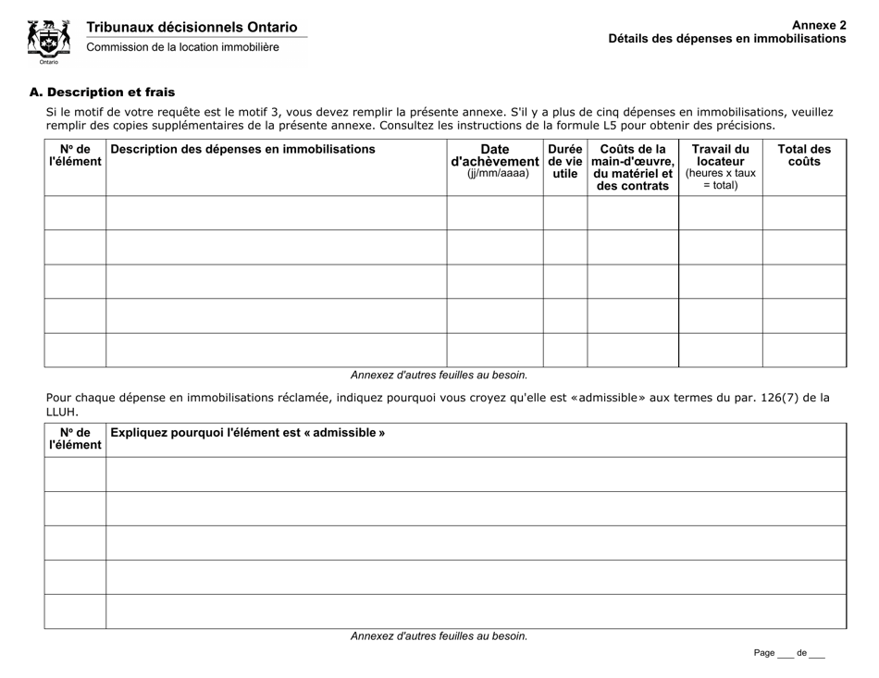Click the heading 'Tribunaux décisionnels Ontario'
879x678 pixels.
(x=192, y=28)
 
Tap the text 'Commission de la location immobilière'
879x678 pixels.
(x=183, y=47)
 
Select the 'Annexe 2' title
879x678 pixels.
(x=819, y=26)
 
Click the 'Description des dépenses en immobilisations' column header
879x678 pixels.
(x=242, y=149)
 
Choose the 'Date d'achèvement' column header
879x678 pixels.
(x=494, y=160)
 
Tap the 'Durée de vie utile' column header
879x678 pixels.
(x=564, y=160)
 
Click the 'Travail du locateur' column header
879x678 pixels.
(x=720, y=166)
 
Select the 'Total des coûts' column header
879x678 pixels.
(x=803, y=154)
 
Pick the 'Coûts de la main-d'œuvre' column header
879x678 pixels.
(x=633, y=166)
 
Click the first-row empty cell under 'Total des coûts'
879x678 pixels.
(x=803, y=213)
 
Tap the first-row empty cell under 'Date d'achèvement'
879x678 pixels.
(x=494, y=213)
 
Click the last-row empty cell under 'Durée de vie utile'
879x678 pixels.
(x=564, y=350)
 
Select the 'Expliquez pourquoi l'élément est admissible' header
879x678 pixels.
(x=247, y=432)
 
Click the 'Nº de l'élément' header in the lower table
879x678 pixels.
(x=75, y=438)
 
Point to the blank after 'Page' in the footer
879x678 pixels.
(x=786, y=654)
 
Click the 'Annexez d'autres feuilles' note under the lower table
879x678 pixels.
(x=439, y=636)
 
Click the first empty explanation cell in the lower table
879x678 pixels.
(x=476, y=475)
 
